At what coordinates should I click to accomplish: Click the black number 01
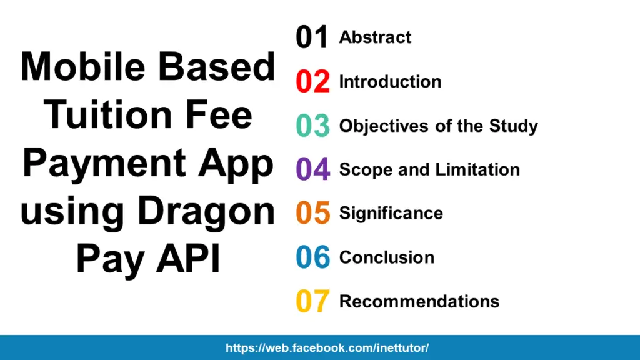pos(312,38)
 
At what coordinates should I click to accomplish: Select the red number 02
pos(312,82)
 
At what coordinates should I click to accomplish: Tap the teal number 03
pos(312,126)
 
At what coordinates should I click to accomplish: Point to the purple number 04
pos(312,169)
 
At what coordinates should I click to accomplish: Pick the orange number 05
pos(312,213)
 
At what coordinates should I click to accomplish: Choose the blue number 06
pos(312,257)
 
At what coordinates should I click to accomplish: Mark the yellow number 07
pos(312,301)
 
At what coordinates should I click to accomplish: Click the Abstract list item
pos(375,37)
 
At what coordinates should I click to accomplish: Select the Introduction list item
pos(390,81)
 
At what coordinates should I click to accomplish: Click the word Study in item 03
pos(513,126)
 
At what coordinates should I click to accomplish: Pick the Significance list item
pos(391,213)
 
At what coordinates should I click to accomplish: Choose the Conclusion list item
pos(386,257)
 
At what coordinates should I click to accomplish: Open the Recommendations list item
pos(419,301)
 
